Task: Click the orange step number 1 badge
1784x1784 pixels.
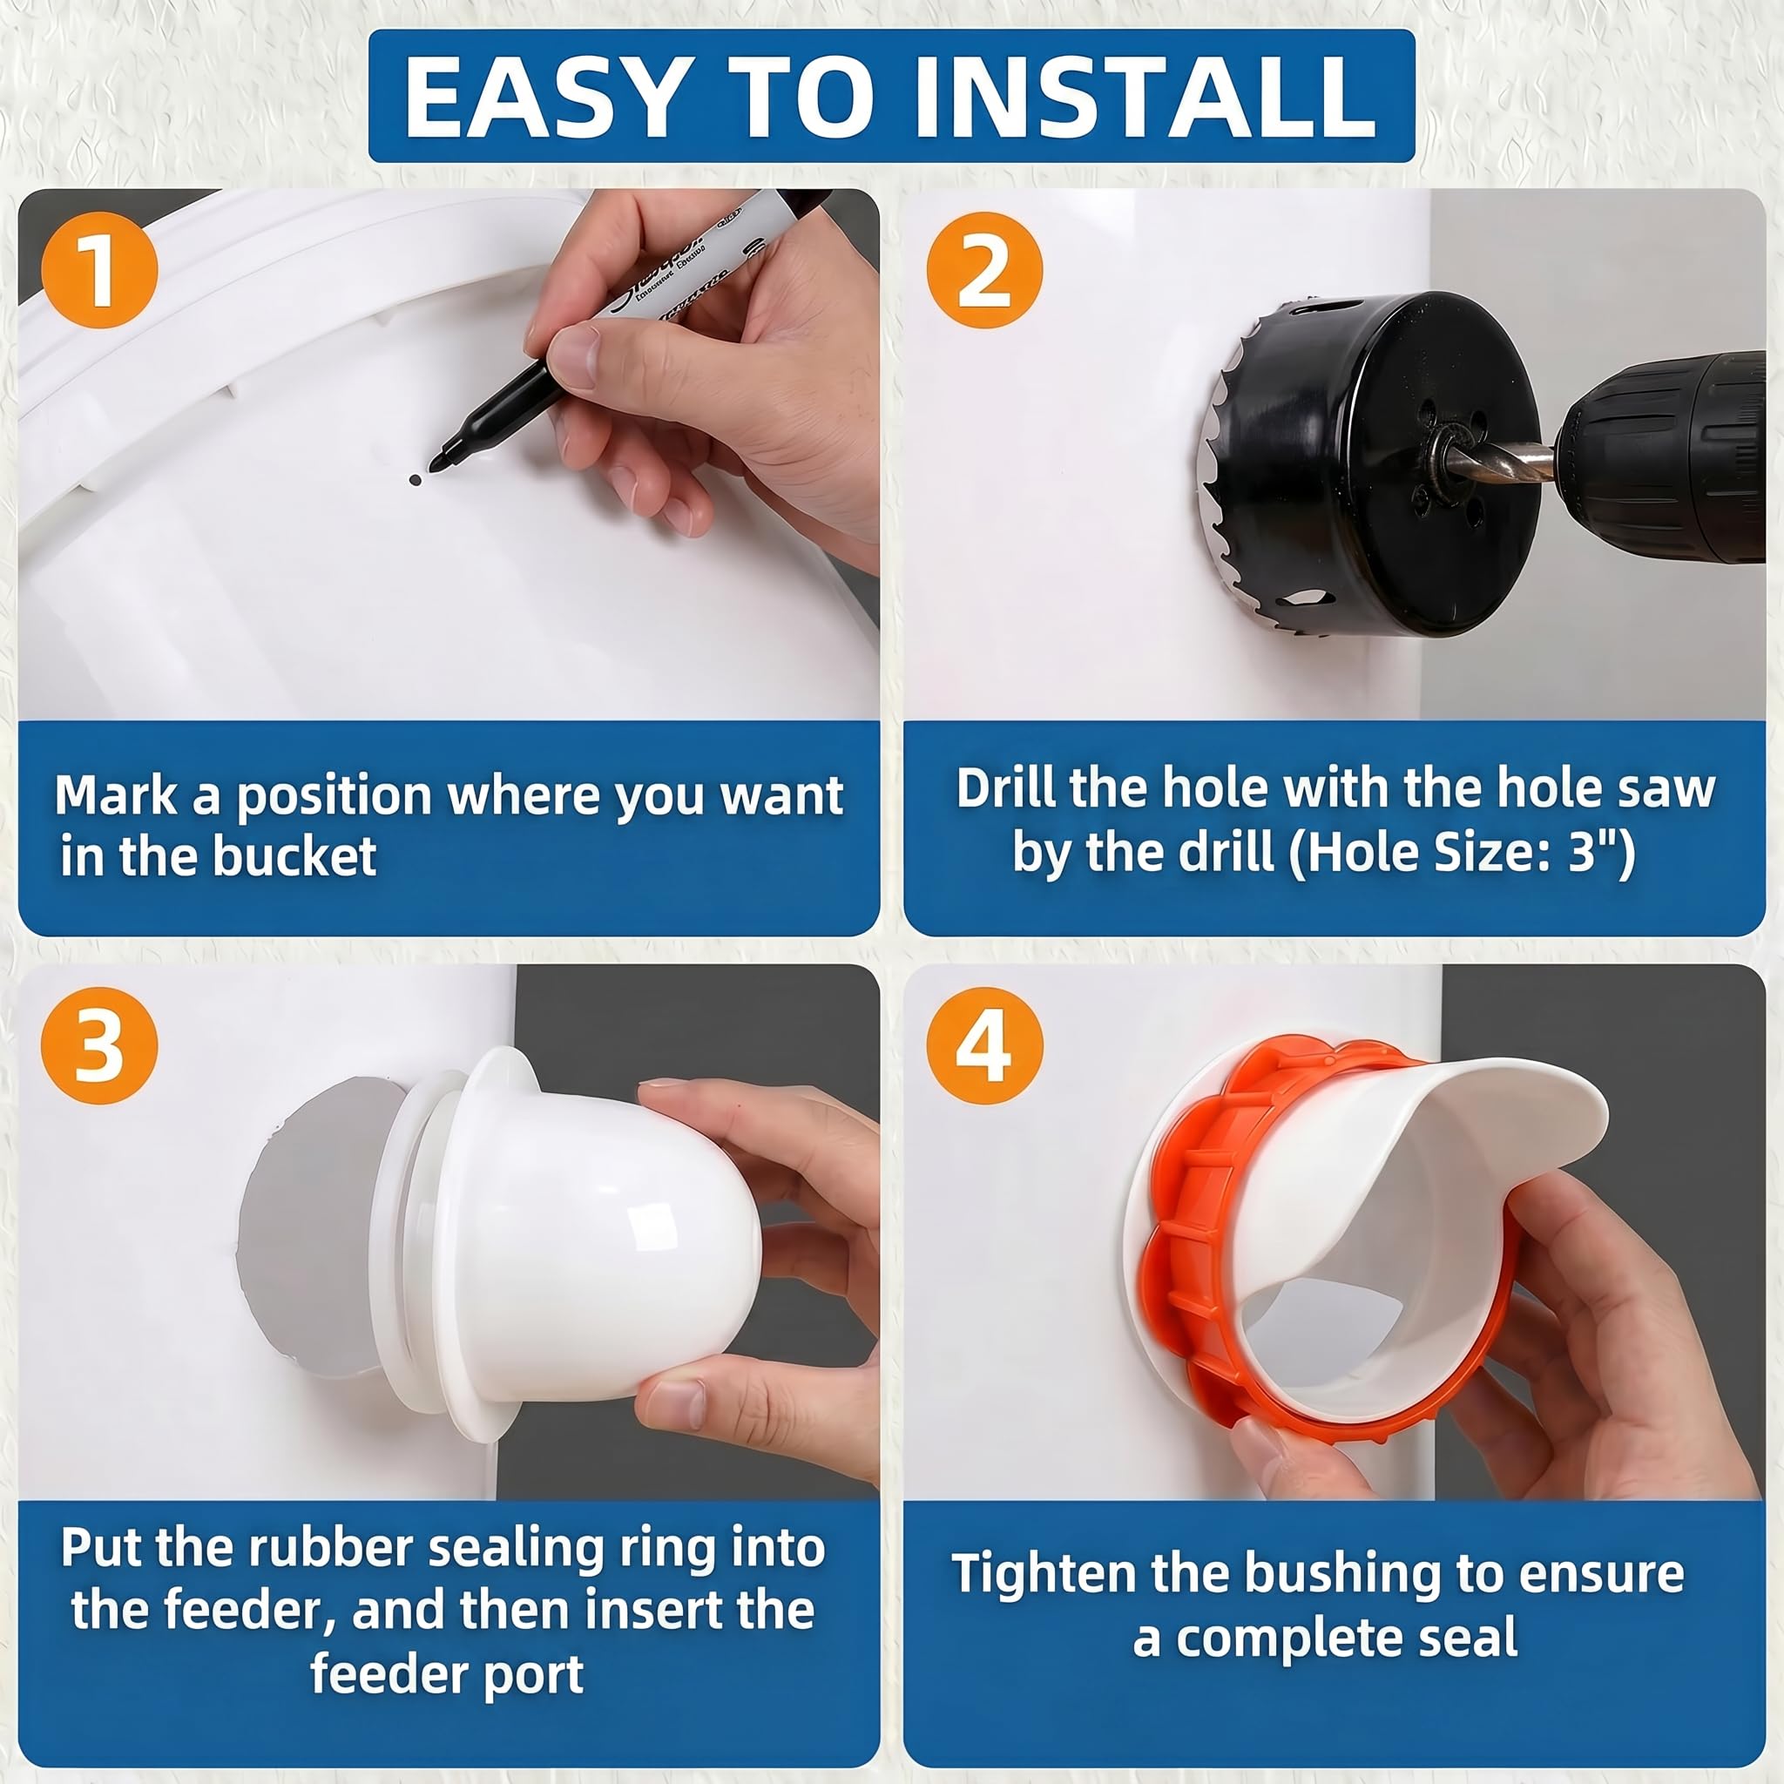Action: pyautogui.click(x=99, y=270)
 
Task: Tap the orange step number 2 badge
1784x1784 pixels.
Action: pyautogui.click(x=984, y=270)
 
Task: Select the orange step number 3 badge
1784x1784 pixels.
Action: pyautogui.click(x=99, y=1046)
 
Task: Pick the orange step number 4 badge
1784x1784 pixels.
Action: pyautogui.click(x=984, y=1046)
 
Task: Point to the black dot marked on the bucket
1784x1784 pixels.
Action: pyautogui.click(x=415, y=480)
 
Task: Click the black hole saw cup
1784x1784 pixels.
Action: pyautogui.click(x=1367, y=462)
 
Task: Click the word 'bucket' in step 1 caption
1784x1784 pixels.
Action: pyautogui.click(x=294, y=856)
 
